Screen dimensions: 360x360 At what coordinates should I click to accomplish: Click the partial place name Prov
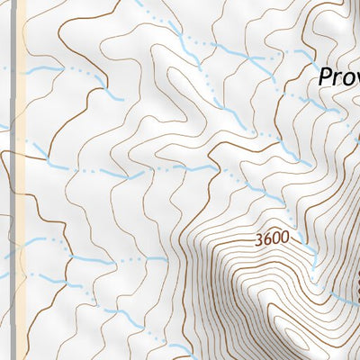338,78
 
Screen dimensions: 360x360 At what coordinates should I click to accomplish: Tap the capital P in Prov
325,78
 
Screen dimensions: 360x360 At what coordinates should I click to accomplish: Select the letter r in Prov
336,80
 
